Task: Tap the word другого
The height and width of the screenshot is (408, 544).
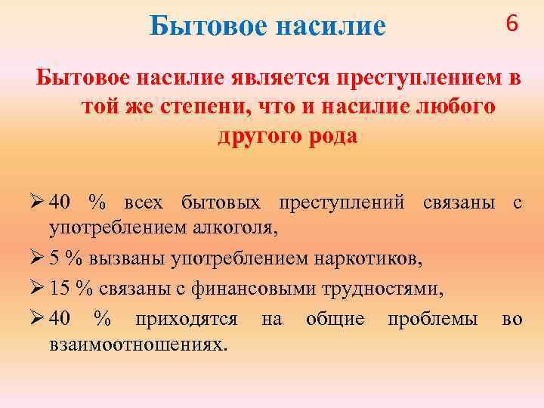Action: (249, 137)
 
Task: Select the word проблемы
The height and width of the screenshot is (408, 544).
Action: (432, 320)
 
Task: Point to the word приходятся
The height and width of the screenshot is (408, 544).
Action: (186, 320)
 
